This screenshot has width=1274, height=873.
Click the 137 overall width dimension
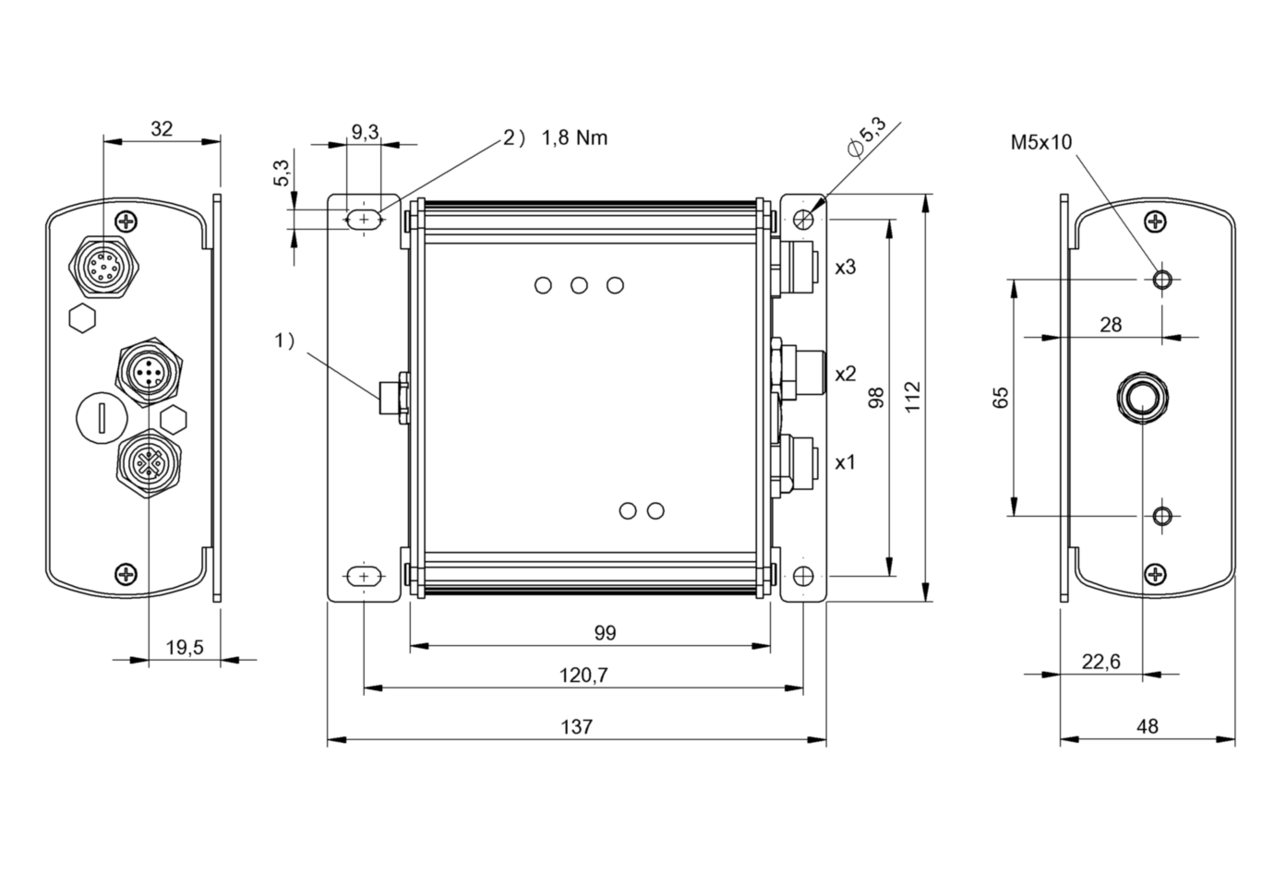click(577, 726)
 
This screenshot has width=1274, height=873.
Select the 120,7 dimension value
click(583, 676)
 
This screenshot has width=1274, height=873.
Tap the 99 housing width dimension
click(606, 632)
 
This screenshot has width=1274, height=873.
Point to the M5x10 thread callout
click(1041, 142)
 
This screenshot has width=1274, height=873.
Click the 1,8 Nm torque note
click(574, 138)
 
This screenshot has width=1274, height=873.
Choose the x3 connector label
click(845, 267)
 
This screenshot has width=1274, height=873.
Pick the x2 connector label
click(845, 374)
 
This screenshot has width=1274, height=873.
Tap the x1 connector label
click(845, 462)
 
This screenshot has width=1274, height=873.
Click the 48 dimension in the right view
click(1148, 726)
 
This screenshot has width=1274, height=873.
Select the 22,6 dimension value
click(1101, 662)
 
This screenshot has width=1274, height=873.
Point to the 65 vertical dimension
click(1000, 398)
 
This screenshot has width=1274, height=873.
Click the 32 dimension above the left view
click(162, 129)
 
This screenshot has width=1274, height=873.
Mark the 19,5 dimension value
click(185, 647)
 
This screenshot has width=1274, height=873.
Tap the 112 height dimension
click(912, 397)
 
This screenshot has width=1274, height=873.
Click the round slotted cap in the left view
click(101, 418)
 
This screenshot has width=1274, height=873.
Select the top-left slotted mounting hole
click(364, 220)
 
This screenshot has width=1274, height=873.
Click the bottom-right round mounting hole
click(803, 577)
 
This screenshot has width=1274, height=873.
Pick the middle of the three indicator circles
click(579, 285)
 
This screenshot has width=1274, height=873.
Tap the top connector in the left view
click(104, 266)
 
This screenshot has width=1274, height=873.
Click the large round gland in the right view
click(1142, 398)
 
